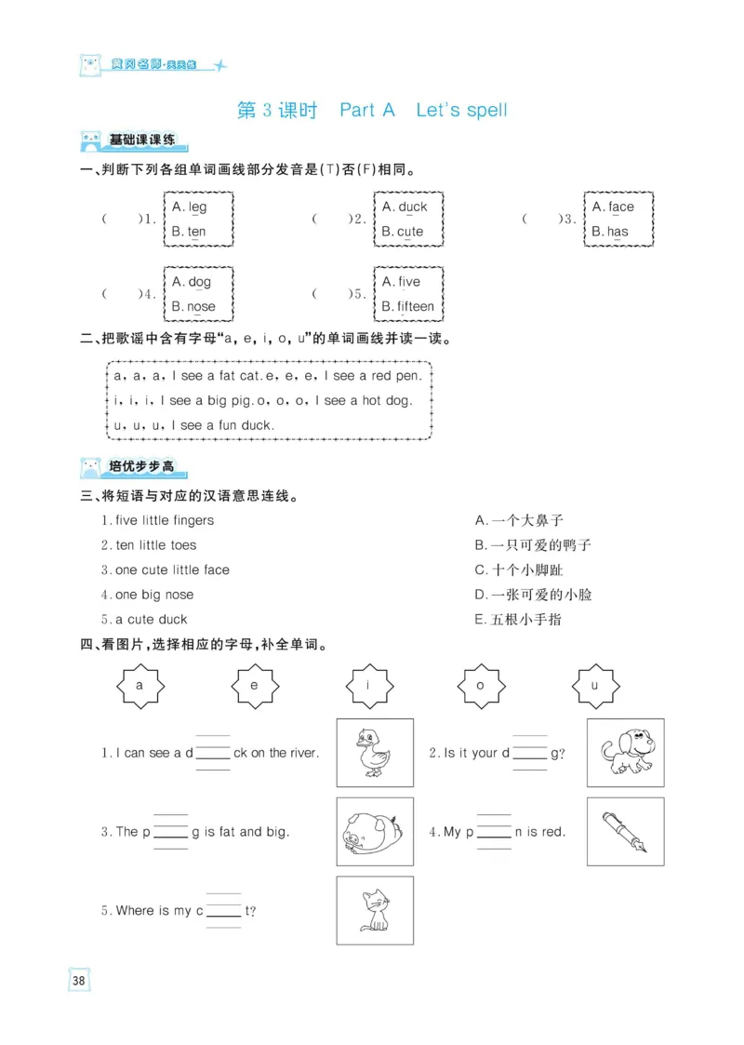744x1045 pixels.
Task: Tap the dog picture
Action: tap(624, 753)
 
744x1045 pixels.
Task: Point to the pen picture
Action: tap(624, 831)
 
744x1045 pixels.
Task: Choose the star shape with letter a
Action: tap(139, 687)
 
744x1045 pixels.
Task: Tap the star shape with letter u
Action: tap(595, 687)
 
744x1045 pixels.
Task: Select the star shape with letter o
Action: tap(481, 687)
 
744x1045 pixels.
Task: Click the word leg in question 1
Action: tap(197, 208)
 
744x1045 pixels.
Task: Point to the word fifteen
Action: tap(416, 306)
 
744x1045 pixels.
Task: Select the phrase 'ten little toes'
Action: tap(155, 545)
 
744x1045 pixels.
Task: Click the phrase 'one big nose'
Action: tap(154, 595)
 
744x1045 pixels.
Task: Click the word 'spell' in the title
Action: tap(486, 111)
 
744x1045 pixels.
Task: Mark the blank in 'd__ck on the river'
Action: tap(212, 754)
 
